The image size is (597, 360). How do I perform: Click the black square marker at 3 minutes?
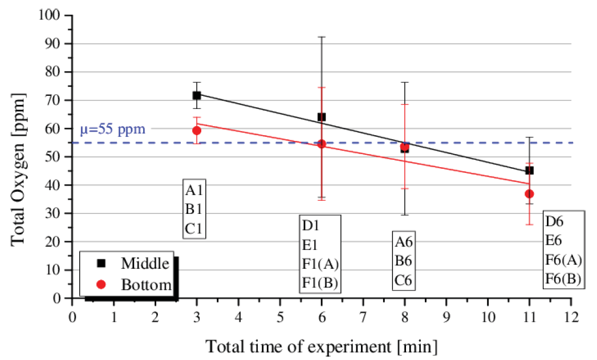tap(197, 95)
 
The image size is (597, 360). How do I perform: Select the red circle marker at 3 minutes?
tap(197, 130)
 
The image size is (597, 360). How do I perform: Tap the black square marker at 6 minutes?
tap(322, 117)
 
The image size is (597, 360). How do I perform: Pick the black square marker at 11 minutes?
tap(529, 170)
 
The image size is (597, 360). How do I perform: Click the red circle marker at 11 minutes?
tap(529, 194)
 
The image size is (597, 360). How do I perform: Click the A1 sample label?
tap(194, 190)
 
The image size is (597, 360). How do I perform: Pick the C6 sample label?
tap(404, 281)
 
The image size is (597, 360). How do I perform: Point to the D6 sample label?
tap(555, 221)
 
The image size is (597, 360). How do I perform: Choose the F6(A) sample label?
tap(563, 260)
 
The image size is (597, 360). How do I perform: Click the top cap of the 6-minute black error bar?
tap(322, 37)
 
